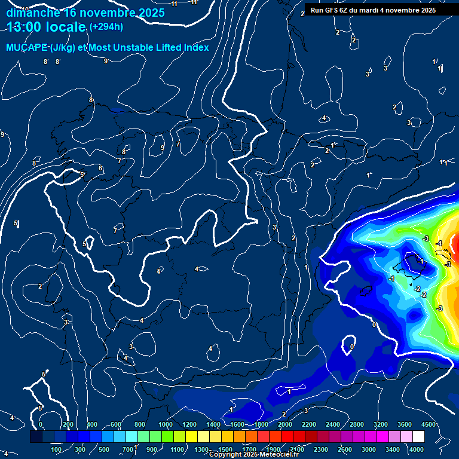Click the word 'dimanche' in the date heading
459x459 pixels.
pos(33,13)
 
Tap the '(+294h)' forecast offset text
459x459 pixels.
pos(106,26)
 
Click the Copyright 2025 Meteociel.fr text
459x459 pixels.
pos(253,454)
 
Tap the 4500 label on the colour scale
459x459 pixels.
pos(429,424)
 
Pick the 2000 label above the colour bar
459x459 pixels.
pos(284,424)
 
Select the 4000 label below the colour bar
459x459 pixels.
pos(417,449)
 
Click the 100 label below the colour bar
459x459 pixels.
pos(56,449)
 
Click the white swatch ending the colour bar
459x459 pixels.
pos(435,437)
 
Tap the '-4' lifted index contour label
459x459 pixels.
pos(438,243)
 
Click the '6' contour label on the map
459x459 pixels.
pos(100,168)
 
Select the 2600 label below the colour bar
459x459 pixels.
pos(345,449)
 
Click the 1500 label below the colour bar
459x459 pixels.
pos(225,449)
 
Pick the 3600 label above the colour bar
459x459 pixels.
pos(405,424)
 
